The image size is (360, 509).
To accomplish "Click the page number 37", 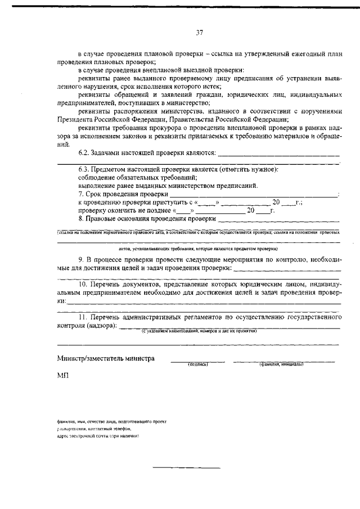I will tap(199, 33).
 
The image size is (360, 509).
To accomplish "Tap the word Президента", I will tap(77, 120).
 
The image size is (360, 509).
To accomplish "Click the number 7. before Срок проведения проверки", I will tap(81, 193).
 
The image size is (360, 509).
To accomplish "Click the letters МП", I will tap(62, 376).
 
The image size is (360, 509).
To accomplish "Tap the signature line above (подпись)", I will tap(197, 361).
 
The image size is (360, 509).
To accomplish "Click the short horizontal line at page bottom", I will tap(187, 467).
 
